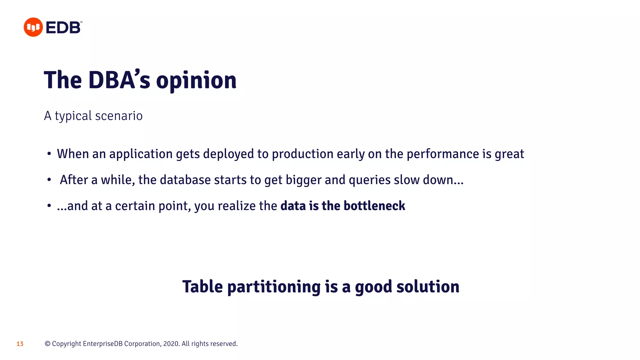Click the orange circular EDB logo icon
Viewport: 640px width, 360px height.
click(33, 27)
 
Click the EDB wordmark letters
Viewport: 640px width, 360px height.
click(63, 27)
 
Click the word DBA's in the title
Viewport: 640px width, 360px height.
click(119, 80)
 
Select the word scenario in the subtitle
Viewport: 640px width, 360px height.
click(119, 116)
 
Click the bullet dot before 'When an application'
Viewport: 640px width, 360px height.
click(49, 154)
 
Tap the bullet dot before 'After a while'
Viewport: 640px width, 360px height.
click(49, 180)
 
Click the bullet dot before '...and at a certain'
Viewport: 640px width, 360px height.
click(49, 206)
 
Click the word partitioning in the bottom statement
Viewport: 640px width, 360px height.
click(274, 287)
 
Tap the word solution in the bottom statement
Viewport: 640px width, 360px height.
click(428, 287)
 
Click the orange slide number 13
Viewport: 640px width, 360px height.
click(20, 344)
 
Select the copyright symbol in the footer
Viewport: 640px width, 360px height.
click(47, 344)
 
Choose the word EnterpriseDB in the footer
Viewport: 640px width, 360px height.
click(102, 344)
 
